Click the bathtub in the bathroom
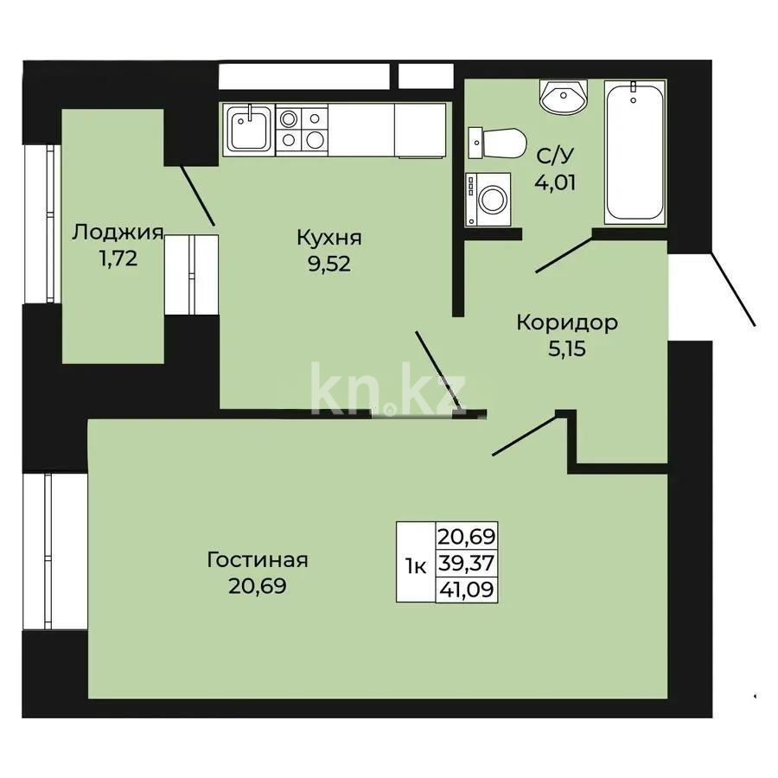pyautogui.click(x=635, y=151)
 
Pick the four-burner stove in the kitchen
pyautogui.click(x=302, y=129)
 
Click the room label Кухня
pyautogui.click(x=328, y=237)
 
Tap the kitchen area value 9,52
pyautogui.click(x=328, y=265)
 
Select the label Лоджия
pyautogui.click(x=118, y=231)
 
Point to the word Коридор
pyautogui.click(x=566, y=322)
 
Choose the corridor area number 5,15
pyautogui.click(x=566, y=350)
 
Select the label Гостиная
pyautogui.click(x=258, y=559)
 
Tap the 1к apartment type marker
pyautogui.click(x=416, y=567)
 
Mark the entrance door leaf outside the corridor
pyautogui.click(x=733, y=289)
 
